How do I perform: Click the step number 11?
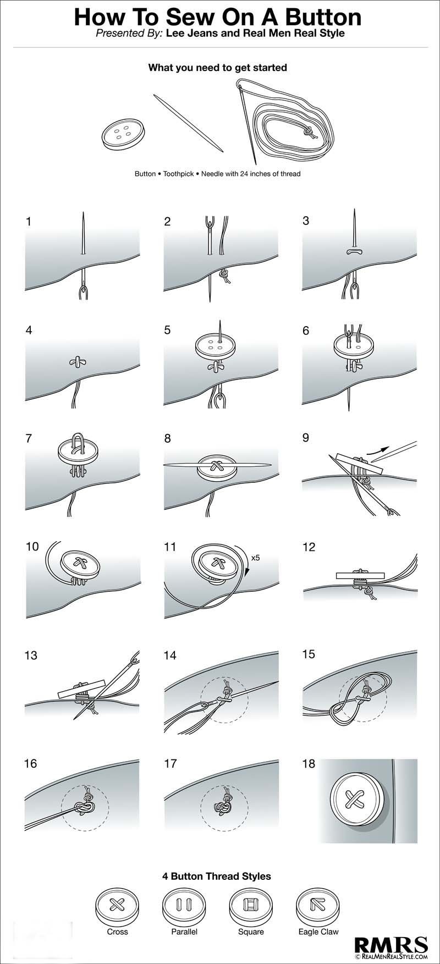(x=170, y=547)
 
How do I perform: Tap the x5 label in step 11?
(x=255, y=558)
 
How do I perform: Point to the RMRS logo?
(x=391, y=945)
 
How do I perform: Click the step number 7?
(x=29, y=438)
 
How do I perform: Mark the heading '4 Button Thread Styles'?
(x=217, y=876)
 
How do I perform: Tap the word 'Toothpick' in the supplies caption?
(x=179, y=174)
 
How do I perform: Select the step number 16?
(x=31, y=763)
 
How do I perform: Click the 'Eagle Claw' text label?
(x=318, y=932)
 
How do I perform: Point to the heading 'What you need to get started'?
(x=217, y=68)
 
